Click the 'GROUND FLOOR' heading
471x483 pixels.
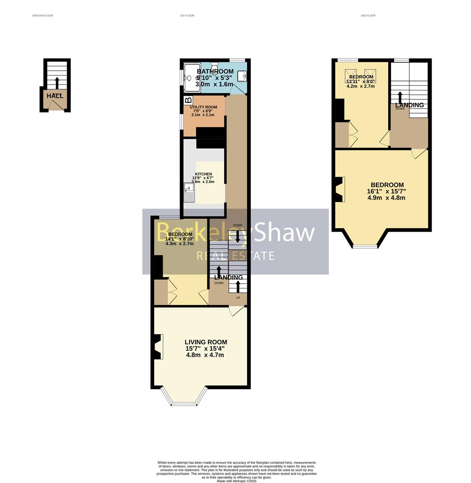pyautogui.click(x=42, y=16)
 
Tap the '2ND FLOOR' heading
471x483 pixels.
pyautogui.click(x=368, y=16)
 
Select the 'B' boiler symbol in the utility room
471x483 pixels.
pyautogui.click(x=188, y=101)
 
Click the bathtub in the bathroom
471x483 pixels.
pyautogui.click(x=192, y=78)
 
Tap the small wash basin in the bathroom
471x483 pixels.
pyautogui.click(x=244, y=77)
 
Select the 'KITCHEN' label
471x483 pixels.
pyautogui.click(x=203, y=174)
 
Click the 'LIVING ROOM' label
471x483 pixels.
pyautogui.click(x=206, y=342)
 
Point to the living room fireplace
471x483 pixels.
pyautogui.click(x=158, y=347)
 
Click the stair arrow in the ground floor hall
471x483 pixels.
pyautogui.click(x=57, y=83)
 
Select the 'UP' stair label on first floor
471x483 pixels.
pyautogui.click(x=238, y=298)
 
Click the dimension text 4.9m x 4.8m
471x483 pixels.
pyautogui.click(x=387, y=198)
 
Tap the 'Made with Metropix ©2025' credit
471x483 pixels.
pyautogui.click(x=236, y=481)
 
